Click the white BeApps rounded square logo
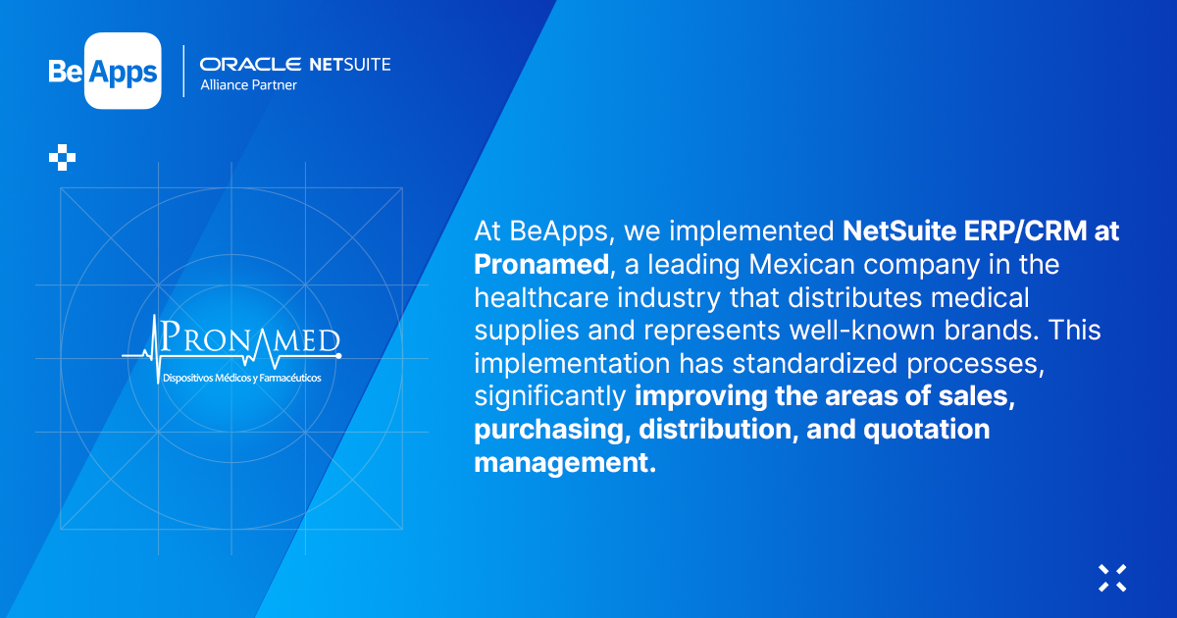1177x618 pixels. tap(123, 71)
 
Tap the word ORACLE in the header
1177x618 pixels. tap(250, 64)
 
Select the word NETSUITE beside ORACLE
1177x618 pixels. tap(350, 64)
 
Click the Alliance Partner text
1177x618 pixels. tap(248, 85)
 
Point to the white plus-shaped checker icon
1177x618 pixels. tap(62, 157)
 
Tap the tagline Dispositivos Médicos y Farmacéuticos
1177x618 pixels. tap(241, 378)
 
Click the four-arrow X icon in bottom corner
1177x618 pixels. tap(1112, 578)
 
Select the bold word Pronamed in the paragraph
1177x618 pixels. tap(541, 264)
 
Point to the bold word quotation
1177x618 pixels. tap(927, 430)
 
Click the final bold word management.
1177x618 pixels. tap(565, 463)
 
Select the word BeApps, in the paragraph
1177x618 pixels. tap(562, 232)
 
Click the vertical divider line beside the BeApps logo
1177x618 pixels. tap(183, 71)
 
